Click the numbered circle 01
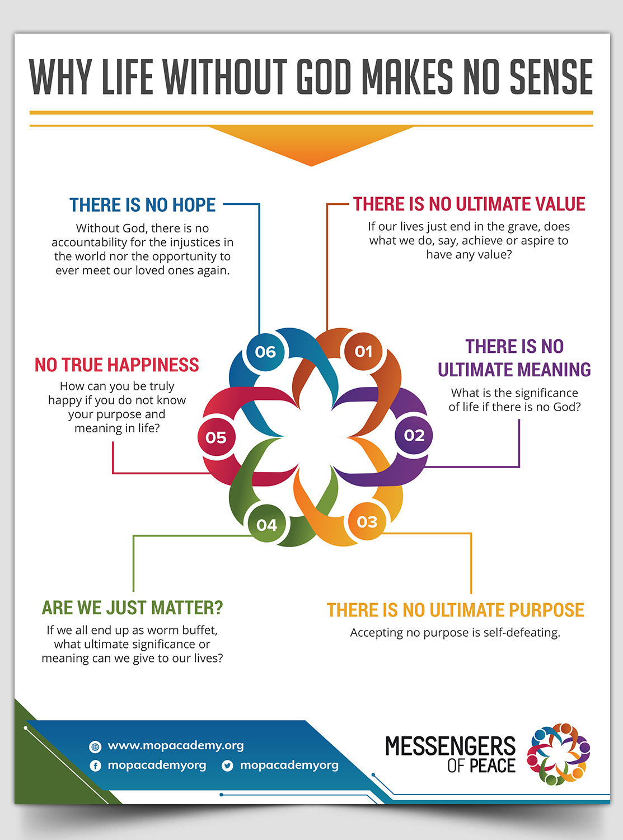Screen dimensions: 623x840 pos(363,352)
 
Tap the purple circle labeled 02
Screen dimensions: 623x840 pos(414,435)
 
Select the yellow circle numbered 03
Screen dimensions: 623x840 pos(367,521)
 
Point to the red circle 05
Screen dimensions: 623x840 pos(216,437)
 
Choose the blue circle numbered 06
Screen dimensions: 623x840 pos(265,352)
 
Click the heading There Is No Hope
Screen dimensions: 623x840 pos(142,205)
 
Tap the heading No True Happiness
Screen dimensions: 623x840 pos(116,365)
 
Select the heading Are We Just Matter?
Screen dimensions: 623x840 pos(132,608)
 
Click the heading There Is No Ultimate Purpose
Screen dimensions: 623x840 pos(455,610)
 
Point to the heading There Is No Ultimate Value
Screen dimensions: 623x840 pos(469,204)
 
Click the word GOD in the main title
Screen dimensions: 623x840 pos(324,77)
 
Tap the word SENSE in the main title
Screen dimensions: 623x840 pos(551,77)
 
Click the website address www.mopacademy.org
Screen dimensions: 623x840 pos(176,745)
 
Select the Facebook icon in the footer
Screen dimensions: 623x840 pos(95,766)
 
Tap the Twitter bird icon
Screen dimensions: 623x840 pos(227,766)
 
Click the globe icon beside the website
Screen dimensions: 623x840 pos(95,746)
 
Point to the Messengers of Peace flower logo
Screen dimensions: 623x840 pos(559,754)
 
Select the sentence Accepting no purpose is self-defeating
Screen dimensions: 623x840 pos(455,632)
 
